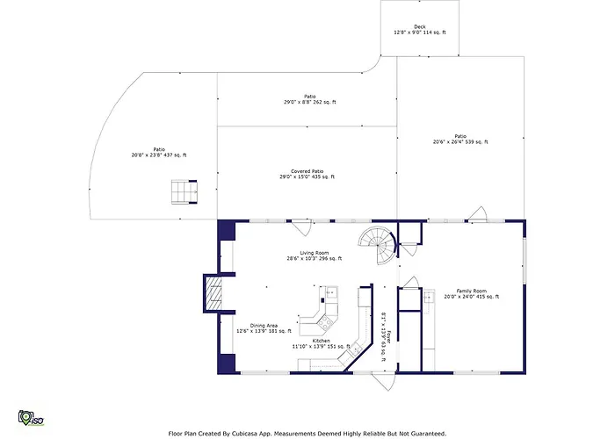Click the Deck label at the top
[x=420, y=27]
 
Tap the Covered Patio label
[x=307, y=171]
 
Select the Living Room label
[x=315, y=253]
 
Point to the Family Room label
[x=472, y=291]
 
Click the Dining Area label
[x=264, y=326]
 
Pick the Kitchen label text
[x=322, y=341]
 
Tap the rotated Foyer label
[x=389, y=337]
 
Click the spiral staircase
[x=378, y=245]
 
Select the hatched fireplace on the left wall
[x=214, y=293]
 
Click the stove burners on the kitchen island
[x=326, y=322]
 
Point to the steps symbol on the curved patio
[x=184, y=192]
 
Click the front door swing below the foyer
[x=384, y=382]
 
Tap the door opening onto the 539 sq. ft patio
[x=478, y=214]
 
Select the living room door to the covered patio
[x=301, y=227]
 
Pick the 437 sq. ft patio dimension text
[x=159, y=155]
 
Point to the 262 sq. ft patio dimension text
[x=310, y=103]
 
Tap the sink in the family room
[x=429, y=296]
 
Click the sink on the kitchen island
[x=332, y=292]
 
